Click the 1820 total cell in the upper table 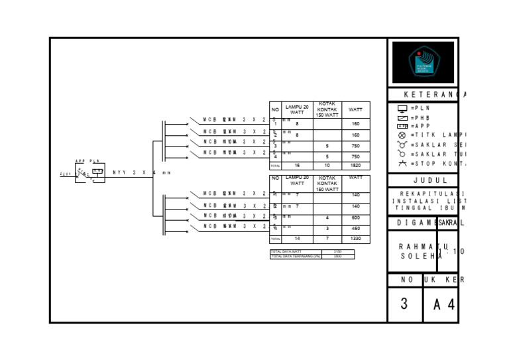(356, 166)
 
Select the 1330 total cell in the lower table (356, 239)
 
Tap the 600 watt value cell (356, 217)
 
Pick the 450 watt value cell (356, 228)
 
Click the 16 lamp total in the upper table (297, 166)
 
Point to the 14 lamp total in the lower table (297, 239)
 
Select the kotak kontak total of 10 (327, 166)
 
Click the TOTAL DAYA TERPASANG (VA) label (296, 256)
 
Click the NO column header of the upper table (275, 109)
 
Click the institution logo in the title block (422, 63)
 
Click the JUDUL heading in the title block (431, 180)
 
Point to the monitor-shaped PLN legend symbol (402, 108)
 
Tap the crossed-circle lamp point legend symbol (402, 135)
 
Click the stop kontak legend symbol (402, 163)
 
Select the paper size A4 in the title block (444, 305)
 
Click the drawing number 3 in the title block (404, 304)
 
